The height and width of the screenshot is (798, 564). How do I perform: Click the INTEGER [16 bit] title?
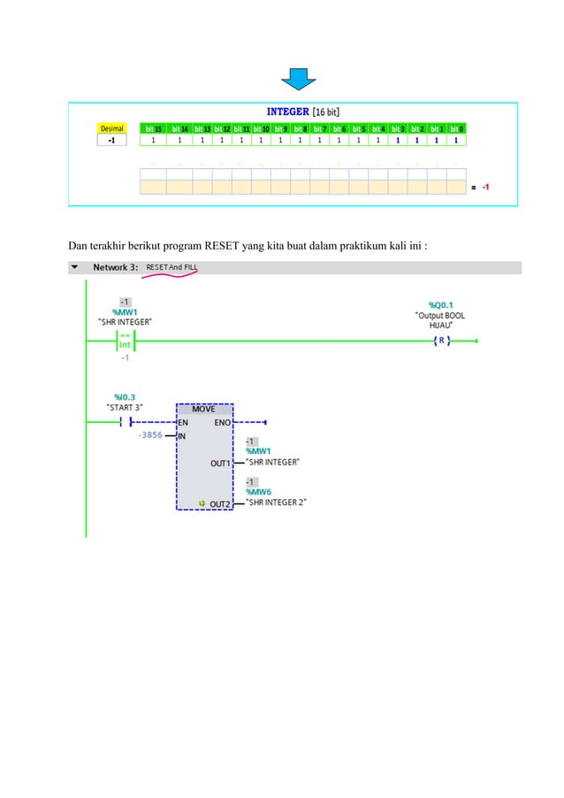point(304,111)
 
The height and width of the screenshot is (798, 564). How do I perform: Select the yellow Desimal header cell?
point(111,128)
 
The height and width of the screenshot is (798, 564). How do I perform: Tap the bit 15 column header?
point(155,128)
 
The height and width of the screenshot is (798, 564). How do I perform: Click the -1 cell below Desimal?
point(111,140)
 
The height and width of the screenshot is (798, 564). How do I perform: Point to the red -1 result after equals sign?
point(486,188)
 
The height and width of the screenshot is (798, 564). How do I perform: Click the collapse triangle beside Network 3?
point(74,267)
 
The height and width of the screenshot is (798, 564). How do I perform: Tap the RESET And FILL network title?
point(172,267)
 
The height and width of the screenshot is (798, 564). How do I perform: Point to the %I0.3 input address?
point(125,396)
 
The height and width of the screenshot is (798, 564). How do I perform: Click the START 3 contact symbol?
point(126,422)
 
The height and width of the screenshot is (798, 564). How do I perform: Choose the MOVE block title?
point(204,409)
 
